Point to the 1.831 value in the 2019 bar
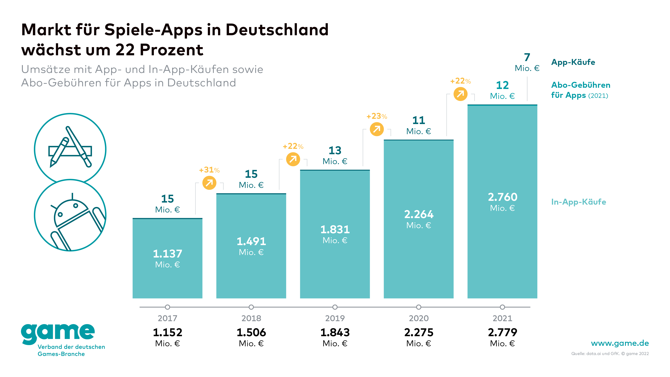pos(335,229)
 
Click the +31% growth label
pos(209,170)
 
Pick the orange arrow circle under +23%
pos(377,129)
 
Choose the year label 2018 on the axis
pos(251,318)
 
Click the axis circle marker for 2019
pos(335,307)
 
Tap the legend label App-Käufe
pos(573,62)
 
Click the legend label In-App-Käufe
pos(578,202)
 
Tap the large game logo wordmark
pos(58,333)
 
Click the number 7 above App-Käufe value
pos(527,57)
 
